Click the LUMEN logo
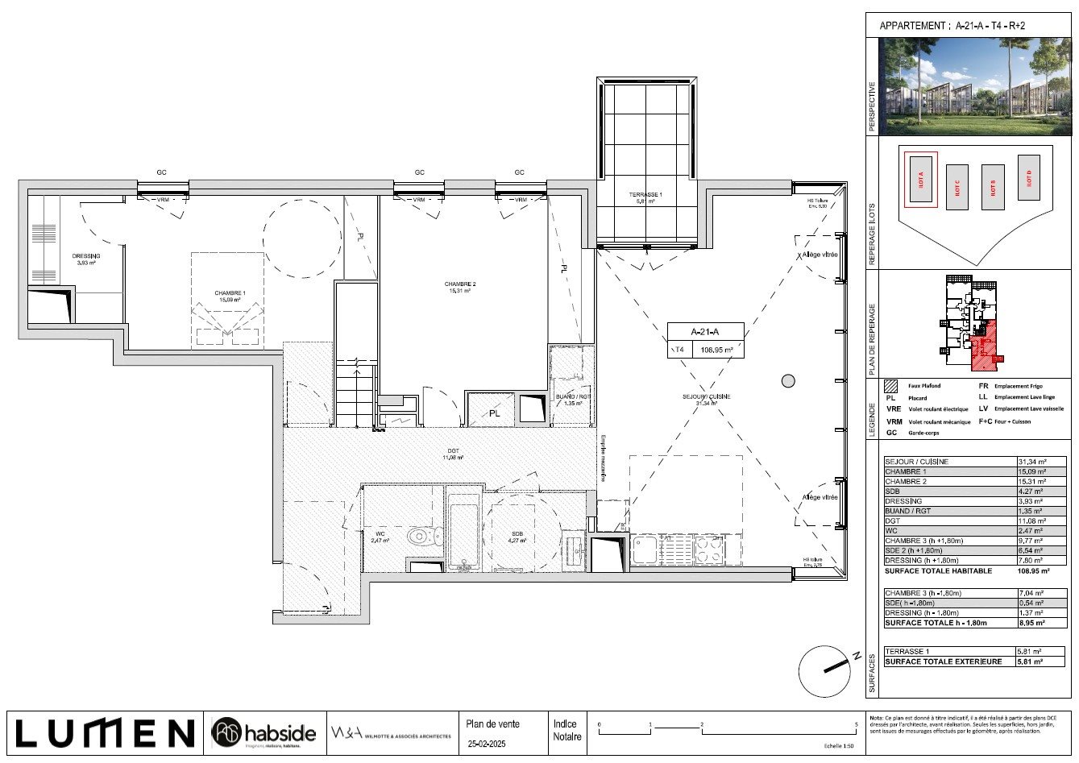tap(105, 732)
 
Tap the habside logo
tap(264, 733)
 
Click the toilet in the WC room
tap(421, 536)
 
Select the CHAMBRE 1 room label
tap(230, 296)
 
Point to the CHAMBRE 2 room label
tap(460, 287)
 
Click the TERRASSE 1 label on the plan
tap(645, 197)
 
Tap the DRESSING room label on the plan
tap(85, 259)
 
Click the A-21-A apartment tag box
tap(705, 340)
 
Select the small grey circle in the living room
tap(787, 381)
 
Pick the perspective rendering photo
tap(975, 86)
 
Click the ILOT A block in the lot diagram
tap(920, 180)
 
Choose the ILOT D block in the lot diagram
tap(1029, 177)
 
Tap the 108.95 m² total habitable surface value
tap(1034, 570)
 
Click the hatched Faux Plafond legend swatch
tap(890, 386)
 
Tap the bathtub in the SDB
tap(463, 537)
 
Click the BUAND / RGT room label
tap(573, 399)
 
